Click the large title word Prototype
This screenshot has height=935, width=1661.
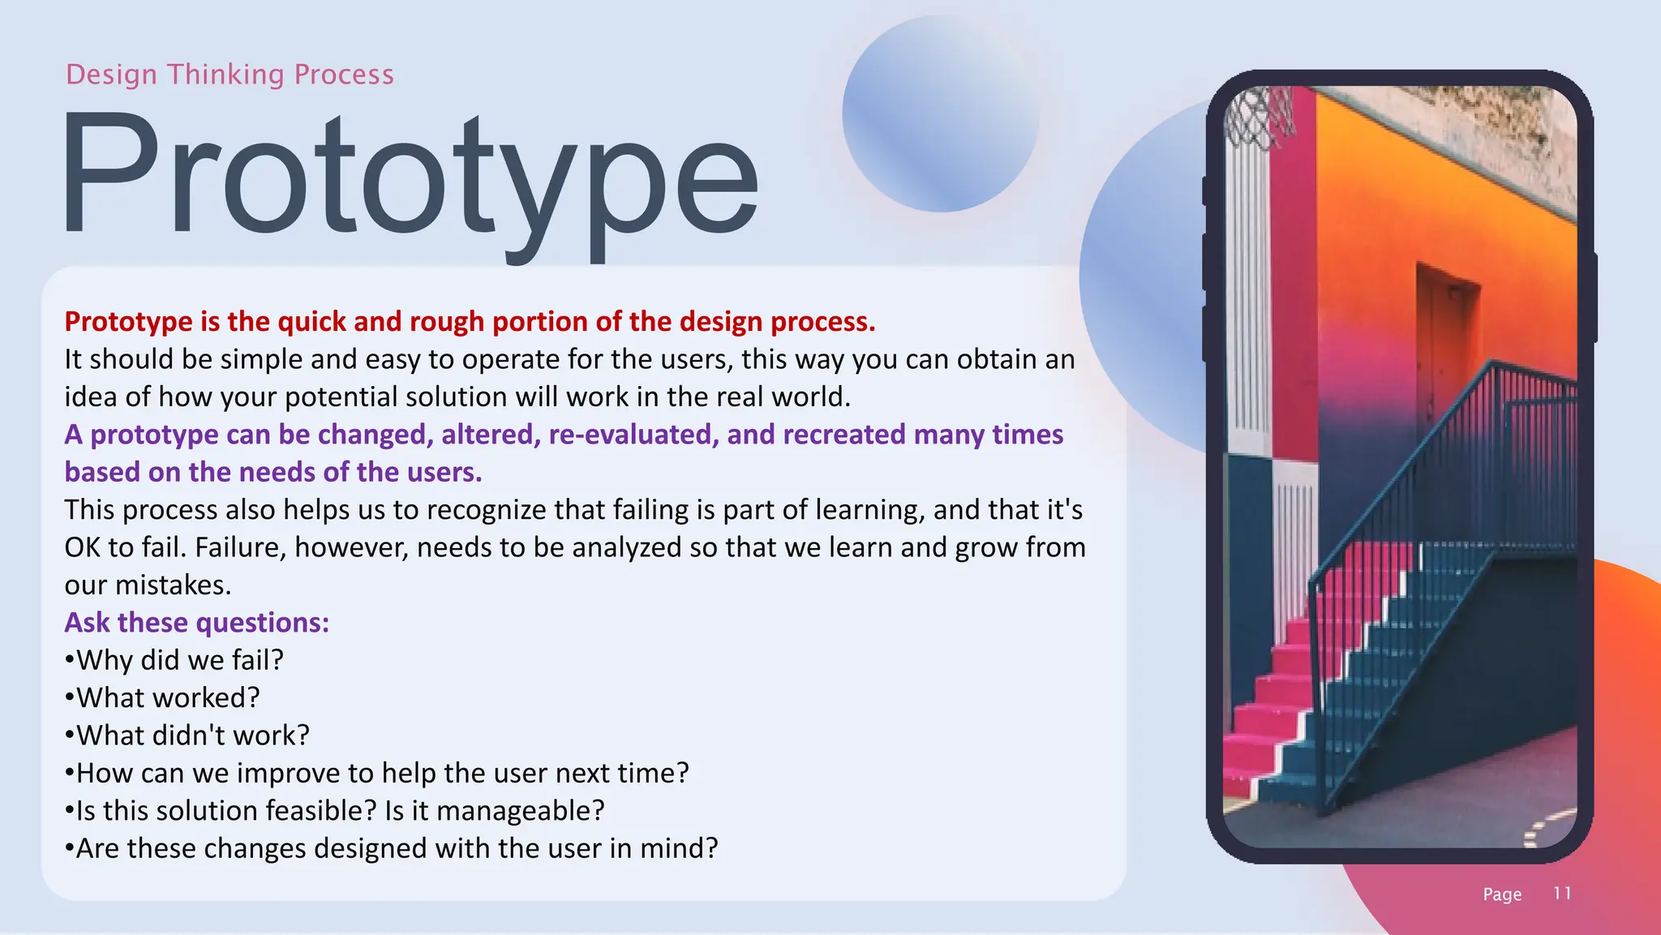click(x=410, y=178)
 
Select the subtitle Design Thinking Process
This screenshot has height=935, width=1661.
click(x=230, y=75)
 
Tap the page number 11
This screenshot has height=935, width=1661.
click(x=1562, y=893)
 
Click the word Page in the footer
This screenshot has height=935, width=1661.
click(x=1502, y=894)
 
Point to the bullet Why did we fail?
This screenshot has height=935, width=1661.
click(x=174, y=660)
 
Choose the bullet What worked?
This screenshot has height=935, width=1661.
click(x=162, y=697)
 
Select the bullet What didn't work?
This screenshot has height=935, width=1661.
click(x=187, y=736)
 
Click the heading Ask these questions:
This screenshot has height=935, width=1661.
click(x=197, y=623)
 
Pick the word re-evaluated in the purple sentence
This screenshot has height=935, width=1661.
click(x=633, y=435)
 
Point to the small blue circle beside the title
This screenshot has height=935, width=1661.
click(x=941, y=114)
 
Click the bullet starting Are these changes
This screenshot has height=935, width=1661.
click(x=392, y=848)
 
